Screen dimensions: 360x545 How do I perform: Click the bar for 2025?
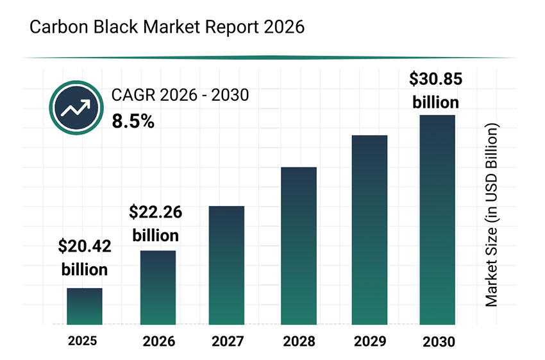[85, 306]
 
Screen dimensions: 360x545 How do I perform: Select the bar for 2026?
[158, 287]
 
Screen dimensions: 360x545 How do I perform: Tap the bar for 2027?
[226, 265]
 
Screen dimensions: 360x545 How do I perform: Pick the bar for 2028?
[299, 246]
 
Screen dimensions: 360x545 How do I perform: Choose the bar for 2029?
[370, 230]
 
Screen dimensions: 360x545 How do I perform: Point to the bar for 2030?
[437, 219]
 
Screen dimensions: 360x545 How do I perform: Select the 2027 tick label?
[226, 341]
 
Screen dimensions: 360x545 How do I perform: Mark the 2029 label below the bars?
[370, 341]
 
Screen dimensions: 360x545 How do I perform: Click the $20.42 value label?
[84, 246]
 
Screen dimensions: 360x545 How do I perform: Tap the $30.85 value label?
[435, 80]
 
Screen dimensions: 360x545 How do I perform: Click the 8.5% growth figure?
[133, 121]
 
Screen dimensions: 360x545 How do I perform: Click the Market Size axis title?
[491, 216]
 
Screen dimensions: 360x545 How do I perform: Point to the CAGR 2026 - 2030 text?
[180, 96]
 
